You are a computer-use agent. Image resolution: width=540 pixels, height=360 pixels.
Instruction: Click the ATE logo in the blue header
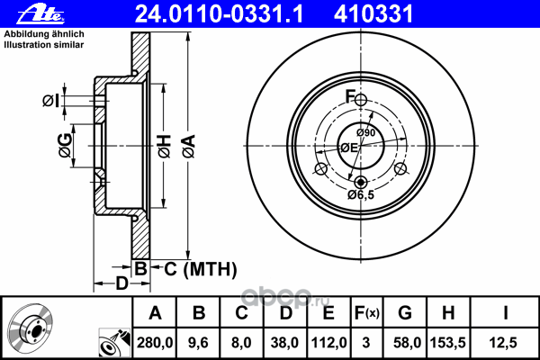click(40, 14)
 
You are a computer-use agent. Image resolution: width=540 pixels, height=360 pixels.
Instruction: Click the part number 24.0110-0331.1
click(219, 14)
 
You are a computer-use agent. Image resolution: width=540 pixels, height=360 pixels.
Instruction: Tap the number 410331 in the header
click(373, 14)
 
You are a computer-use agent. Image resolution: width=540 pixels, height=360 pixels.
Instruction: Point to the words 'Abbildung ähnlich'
click(44, 34)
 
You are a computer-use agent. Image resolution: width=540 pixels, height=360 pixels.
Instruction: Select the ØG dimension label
click(66, 146)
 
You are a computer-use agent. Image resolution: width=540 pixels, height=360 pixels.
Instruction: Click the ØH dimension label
click(165, 147)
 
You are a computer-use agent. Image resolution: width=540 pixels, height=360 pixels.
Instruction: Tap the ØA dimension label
click(189, 147)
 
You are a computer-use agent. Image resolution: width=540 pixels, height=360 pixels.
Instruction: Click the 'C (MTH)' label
click(201, 269)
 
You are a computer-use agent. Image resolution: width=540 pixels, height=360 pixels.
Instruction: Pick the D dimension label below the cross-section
click(121, 283)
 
